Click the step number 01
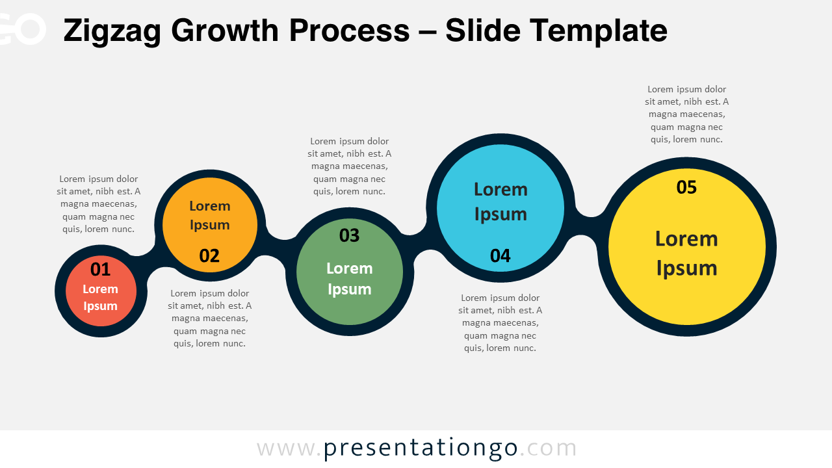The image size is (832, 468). [100, 269]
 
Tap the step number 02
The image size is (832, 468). [209, 256]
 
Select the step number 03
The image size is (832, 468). [349, 235]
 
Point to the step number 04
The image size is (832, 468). [500, 256]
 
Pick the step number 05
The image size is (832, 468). [686, 187]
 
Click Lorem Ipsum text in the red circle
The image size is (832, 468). [100, 298]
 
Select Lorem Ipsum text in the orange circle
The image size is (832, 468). [209, 215]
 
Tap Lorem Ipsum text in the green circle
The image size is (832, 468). [349, 278]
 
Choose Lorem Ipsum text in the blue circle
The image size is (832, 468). [500, 201]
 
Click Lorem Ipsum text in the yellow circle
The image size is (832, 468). [686, 253]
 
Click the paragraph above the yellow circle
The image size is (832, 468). [686, 114]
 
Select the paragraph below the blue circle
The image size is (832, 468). [500, 323]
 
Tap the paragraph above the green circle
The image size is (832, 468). [349, 166]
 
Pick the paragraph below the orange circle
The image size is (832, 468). [209, 318]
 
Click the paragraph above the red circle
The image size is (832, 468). [98, 204]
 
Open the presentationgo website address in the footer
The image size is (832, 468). [417, 448]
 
